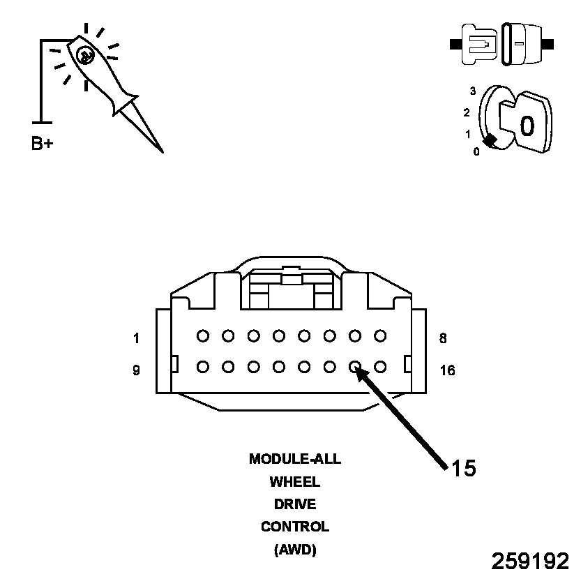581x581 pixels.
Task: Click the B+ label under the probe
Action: click(42, 144)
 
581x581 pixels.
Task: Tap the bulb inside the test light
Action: click(84, 55)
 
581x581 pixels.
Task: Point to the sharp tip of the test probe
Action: click(162, 151)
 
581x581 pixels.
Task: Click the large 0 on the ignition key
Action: click(527, 126)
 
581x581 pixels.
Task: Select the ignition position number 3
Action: click(473, 91)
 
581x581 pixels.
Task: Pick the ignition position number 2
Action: click(467, 112)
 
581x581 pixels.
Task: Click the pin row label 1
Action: click(136, 339)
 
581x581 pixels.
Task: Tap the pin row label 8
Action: click(443, 339)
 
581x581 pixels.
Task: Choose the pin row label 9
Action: click(136, 370)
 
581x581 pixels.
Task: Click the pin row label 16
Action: click(447, 370)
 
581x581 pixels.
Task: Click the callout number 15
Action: click(463, 469)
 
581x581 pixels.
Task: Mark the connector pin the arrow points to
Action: click(355, 365)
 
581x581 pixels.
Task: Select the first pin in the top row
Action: click(203, 335)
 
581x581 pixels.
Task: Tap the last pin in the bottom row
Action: click(380, 365)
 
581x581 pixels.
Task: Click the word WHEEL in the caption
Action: click(295, 482)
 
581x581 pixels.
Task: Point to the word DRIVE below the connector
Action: click(295, 504)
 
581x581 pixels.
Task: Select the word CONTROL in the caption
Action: click(295, 527)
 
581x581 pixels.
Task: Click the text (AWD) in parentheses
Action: click(295, 550)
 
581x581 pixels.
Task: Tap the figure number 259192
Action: click(531, 561)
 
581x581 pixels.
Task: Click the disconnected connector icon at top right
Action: click(502, 44)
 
